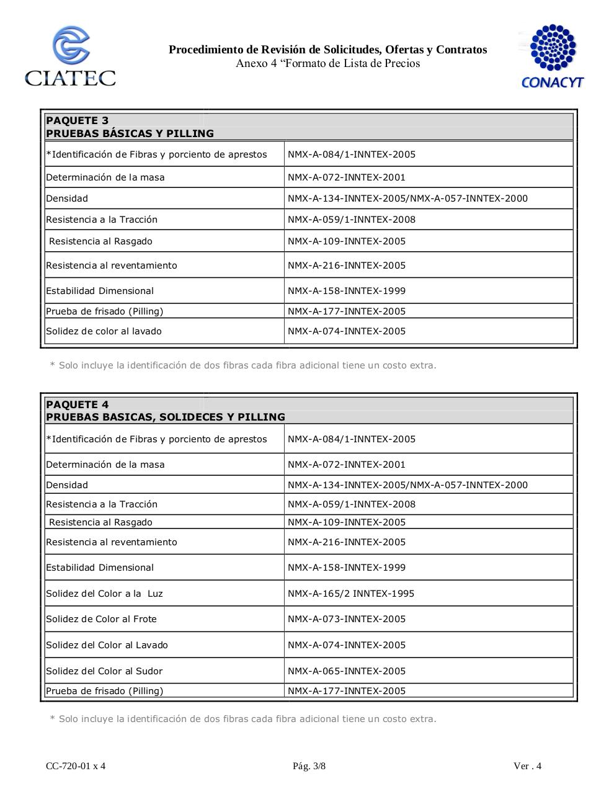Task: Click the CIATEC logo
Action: pyautogui.click(x=70, y=56)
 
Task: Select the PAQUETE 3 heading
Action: pyautogui.click(x=77, y=120)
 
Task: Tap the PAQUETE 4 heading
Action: pyautogui.click(x=77, y=404)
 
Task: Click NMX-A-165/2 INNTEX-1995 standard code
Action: pyautogui.click(x=350, y=594)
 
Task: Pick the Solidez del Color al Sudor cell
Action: pyautogui.click(x=104, y=671)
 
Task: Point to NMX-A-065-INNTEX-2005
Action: pyautogui.click(x=346, y=671)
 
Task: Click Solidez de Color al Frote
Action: pyautogui.click(x=101, y=619)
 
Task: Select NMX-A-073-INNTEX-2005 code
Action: pyautogui.click(x=346, y=619)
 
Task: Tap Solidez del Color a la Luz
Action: pyautogui.click(x=104, y=594)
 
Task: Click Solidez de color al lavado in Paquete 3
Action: pyautogui.click(x=104, y=331)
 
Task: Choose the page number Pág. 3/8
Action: pyautogui.click(x=309, y=766)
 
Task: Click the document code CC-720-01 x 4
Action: pyautogui.click(x=76, y=766)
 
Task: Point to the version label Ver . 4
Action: pyautogui.click(x=527, y=766)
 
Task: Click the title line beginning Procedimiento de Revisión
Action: pyautogui.click(x=327, y=50)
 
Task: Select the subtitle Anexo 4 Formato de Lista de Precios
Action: pyautogui.click(x=327, y=63)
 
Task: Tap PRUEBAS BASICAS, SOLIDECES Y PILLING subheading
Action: pyautogui.click(x=165, y=417)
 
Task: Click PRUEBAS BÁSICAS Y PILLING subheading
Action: pyautogui.click(x=130, y=133)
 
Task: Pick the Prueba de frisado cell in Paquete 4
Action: pyautogui.click(x=104, y=691)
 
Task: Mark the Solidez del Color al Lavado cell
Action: pyautogui.click(x=107, y=645)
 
